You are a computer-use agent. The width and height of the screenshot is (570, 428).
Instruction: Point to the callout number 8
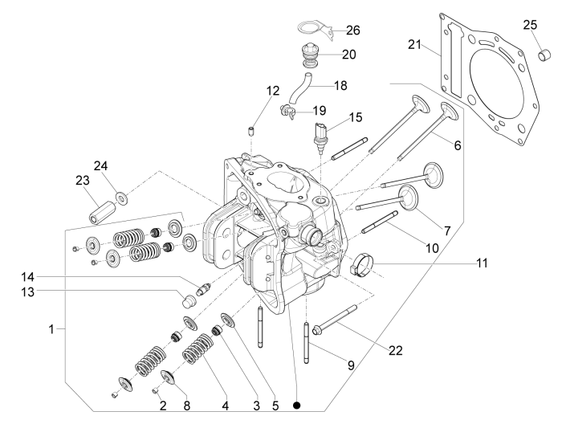click(x=187, y=407)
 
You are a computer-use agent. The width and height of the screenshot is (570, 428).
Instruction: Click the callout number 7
click(x=447, y=230)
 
